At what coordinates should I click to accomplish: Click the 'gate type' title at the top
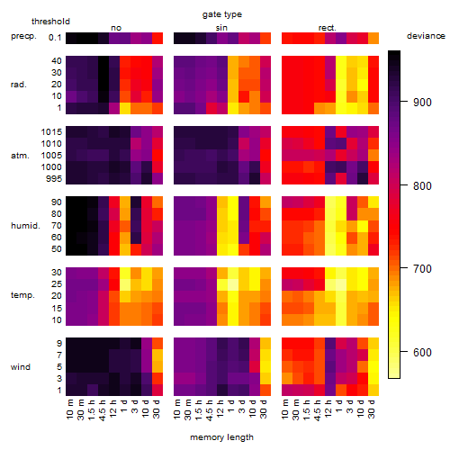coord(222,14)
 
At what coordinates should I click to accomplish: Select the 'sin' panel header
coord(221,28)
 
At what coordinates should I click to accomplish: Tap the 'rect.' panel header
coord(328,28)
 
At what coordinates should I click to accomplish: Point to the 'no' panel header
coord(116,28)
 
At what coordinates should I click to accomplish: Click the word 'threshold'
coord(50,22)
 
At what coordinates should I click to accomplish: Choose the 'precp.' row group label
coord(23,37)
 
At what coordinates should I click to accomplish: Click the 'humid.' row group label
coord(25,226)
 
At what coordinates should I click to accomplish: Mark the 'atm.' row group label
coord(20,156)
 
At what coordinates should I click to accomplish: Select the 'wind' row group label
coord(21,367)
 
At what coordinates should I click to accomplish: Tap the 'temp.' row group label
coord(22,295)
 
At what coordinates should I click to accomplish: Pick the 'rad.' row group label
coord(19,85)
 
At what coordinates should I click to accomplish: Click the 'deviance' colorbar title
coord(426,36)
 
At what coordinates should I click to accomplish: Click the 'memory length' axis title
coord(221,437)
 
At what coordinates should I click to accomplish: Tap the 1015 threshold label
coord(51,132)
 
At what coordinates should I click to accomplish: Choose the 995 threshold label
coord(54,179)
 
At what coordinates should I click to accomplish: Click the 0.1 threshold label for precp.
coord(55,38)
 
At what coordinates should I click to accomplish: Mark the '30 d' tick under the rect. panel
coord(372,409)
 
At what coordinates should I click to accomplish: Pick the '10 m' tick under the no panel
coord(69,409)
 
